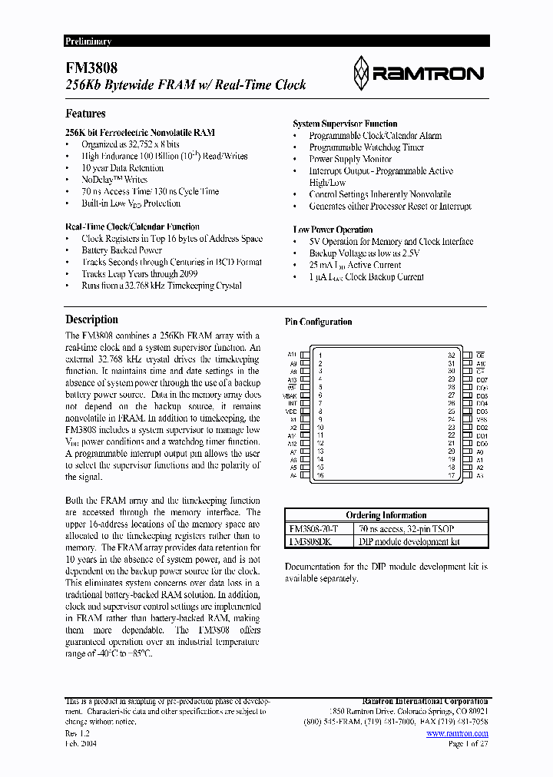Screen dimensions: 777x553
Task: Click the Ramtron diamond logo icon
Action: click(x=362, y=74)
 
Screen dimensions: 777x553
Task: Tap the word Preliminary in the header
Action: click(x=88, y=41)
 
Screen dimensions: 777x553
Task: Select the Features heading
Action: click(x=85, y=114)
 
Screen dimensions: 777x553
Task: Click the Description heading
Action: click(x=91, y=319)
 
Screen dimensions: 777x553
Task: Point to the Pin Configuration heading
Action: click(x=318, y=322)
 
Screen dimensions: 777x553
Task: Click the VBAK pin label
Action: click(x=291, y=395)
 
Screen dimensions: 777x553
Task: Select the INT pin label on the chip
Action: click(x=293, y=403)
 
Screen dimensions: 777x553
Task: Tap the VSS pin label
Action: click(x=482, y=419)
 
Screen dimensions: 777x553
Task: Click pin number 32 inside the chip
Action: click(x=452, y=355)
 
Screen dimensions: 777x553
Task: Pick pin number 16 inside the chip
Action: click(x=320, y=475)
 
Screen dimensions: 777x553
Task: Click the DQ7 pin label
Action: click(x=482, y=379)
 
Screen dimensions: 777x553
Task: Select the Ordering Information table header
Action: click(x=386, y=515)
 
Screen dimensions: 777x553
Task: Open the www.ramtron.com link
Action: click(x=457, y=734)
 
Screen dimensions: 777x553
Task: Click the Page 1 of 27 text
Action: click(x=467, y=745)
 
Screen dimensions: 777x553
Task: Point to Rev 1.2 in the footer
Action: click(x=78, y=734)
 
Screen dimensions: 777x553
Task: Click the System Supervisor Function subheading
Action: click(x=345, y=124)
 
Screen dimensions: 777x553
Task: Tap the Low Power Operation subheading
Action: click(x=333, y=230)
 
